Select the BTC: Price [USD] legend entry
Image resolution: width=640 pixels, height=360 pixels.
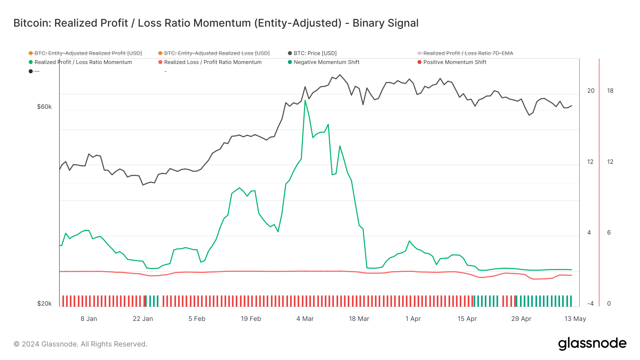coord(315,53)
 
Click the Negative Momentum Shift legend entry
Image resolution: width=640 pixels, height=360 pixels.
coord(326,62)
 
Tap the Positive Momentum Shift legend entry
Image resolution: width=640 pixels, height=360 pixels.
coord(454,62)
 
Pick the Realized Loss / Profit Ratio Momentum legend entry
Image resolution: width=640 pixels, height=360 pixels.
coord(213,62)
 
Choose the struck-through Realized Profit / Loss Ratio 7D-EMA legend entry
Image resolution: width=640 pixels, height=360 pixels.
coord(468,53)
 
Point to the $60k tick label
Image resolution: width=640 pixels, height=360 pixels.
coord(44,107)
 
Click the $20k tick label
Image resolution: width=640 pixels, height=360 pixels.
coord(44,303)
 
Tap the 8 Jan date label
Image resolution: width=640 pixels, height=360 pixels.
coord(89,319)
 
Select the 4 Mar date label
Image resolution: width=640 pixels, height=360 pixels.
coord(305,319)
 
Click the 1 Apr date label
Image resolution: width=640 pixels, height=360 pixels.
coord(413,319)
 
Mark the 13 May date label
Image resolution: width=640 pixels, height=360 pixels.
coord(575,319)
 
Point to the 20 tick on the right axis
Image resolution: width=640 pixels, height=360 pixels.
coord(591,91)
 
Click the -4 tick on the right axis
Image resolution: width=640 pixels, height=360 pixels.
coord(590,303)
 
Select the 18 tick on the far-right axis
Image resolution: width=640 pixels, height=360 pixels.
coord(610,91)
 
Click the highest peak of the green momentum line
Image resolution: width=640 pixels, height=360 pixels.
coord(305,101)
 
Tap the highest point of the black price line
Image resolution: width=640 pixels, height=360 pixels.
coord(340,75)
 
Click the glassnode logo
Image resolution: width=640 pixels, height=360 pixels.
coord(592,344)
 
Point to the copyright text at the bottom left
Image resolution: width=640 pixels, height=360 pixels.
coord(80,344)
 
